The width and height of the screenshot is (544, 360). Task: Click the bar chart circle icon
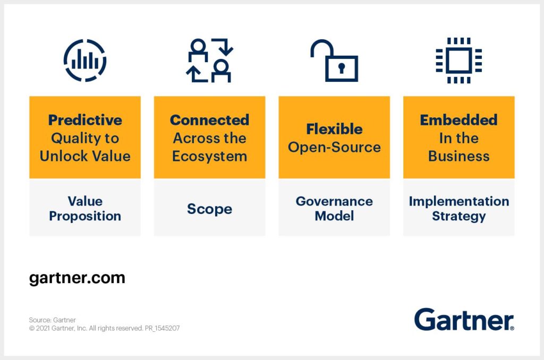click(x=85, y=61)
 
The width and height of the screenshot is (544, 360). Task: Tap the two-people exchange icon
click(x=209, y=61)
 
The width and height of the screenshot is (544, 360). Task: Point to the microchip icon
click(x=458, y=61)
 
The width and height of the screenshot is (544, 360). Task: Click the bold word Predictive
click(x=85, y=120)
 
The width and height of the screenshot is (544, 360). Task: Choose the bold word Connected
click(x=209, y=120)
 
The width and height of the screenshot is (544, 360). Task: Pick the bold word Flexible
click(x=334, y=129)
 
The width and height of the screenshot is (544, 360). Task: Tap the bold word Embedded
click(x=458, y=120)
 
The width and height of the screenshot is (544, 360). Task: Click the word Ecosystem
click(x=209, y=157)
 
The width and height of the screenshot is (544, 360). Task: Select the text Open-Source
click(x=334, y=148)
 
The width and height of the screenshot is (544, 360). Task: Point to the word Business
click(x=458, y=156)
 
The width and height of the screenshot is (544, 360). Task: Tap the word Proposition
click(x=85, y=216)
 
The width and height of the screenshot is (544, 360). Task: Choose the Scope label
click(x=209, y=209)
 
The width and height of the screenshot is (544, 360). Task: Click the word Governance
click(x=334, y=201)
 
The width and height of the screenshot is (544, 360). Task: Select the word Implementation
click(x=458, y=201)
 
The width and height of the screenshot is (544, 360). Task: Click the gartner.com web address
click(x=77, y=278)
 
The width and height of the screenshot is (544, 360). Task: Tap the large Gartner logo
click(x=464, y=320)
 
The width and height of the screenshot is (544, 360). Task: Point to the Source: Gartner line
click(x=53, y=320)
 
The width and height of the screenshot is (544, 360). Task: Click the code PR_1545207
click(x=163, y=328)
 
